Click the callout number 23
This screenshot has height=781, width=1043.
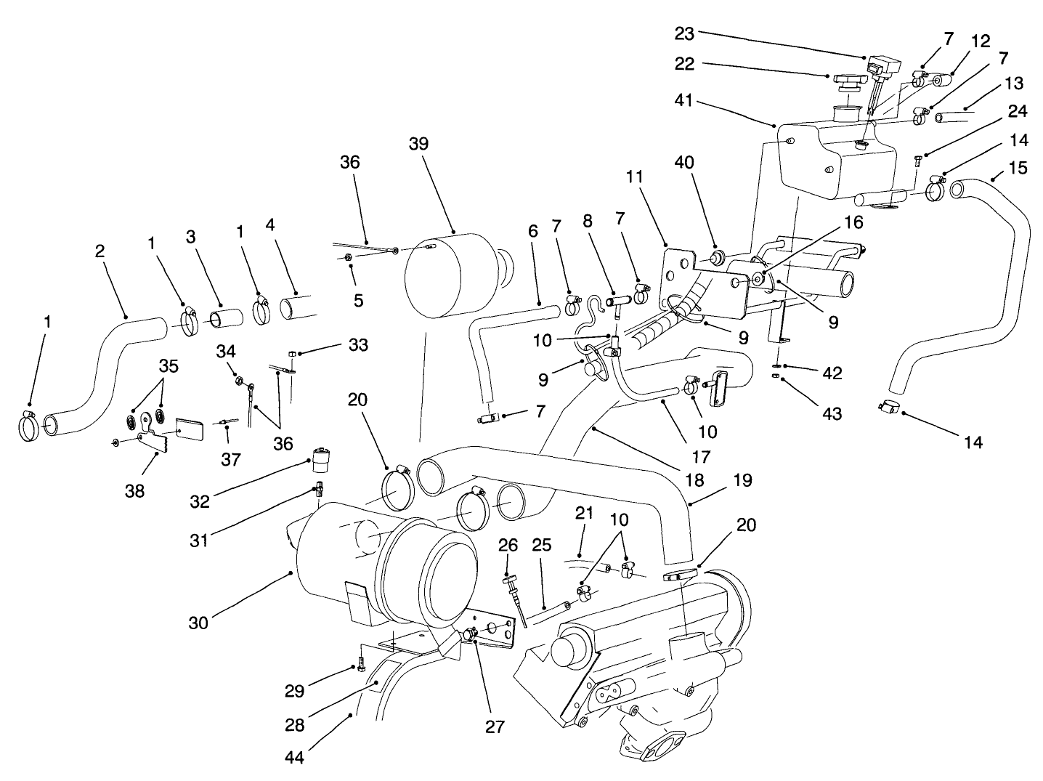[x=684, y=33]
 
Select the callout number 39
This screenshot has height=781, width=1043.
[x=418, y=144]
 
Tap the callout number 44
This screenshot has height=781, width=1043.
[x=294, y=757]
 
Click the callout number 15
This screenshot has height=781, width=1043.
[x=1018, y=168]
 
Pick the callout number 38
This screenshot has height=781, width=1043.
[x=134, y=491]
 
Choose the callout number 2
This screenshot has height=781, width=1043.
[x=100, y=251]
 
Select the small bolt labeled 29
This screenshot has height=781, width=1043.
[x=361, y=663]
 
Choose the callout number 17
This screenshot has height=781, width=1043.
[x=700, y=458]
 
